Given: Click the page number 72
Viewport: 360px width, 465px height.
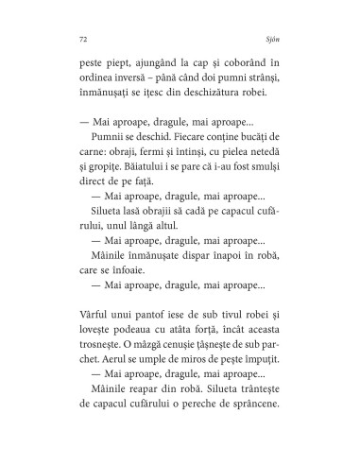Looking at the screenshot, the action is pos(74,41).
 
